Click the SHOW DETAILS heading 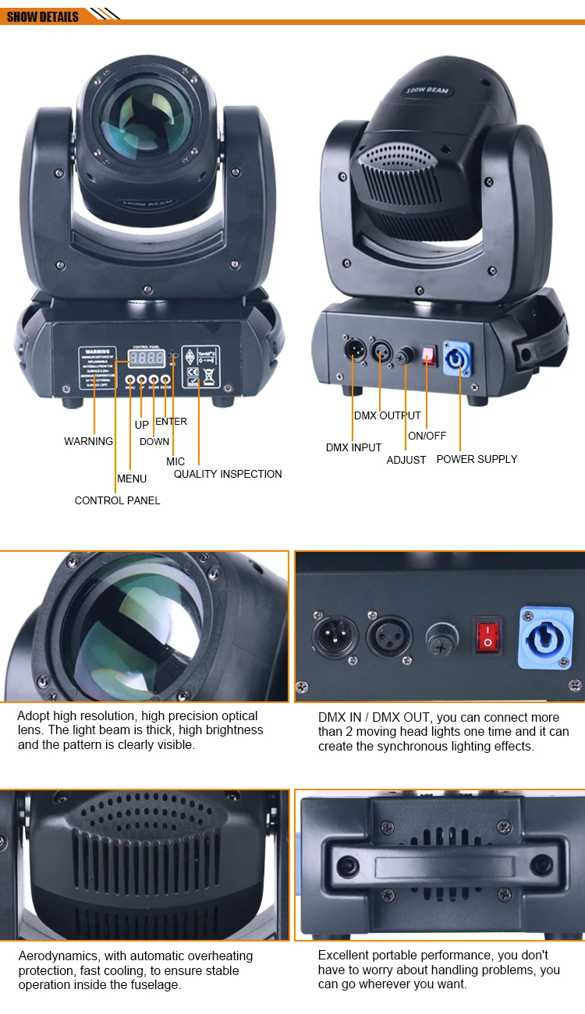click(x=43, y=16)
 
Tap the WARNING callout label click(x=88, y=441)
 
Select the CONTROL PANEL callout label click(x=117, y=500)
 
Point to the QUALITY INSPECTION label click(x=228, y=474)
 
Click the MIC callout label click(x=175, y=461)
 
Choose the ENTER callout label click(x=171, y=422)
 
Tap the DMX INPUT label click(x=353, y=447)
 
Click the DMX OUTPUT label click(x=387, y=415)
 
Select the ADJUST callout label click(x=406, y=460)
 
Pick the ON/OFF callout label click(x=427, y=436)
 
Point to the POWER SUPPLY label click(x=477, y=459)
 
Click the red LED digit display click(x=147, y=359)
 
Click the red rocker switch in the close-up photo click(x=488, y=635)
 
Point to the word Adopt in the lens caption click(x=33, y=715)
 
